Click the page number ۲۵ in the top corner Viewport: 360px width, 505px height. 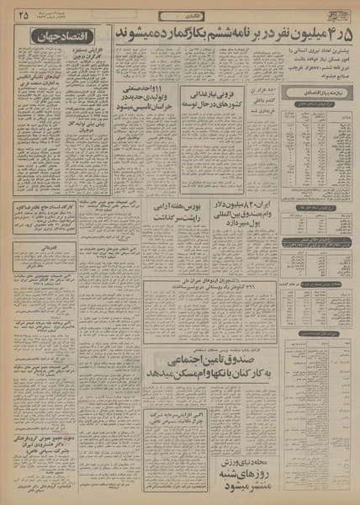point(20,14)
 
